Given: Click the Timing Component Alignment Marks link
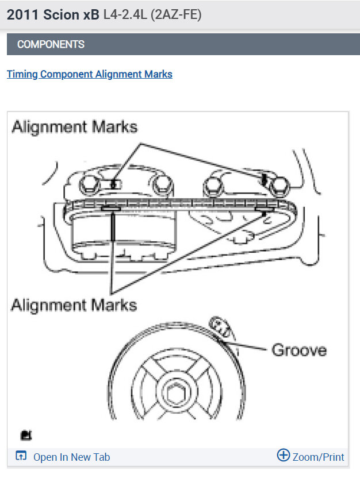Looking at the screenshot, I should pos(89,74).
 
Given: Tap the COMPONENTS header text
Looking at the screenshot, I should pos(51,44).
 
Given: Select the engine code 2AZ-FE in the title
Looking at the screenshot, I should pos(176,15).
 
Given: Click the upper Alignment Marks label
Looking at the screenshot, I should pos(75,126).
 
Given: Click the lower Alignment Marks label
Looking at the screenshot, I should pos(74,304).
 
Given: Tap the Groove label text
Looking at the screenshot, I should pos(298,350).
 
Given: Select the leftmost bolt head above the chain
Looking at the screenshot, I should pos(90,183).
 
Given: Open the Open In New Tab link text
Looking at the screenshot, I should pos(71,457).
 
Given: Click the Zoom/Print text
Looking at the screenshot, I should pos(318,457).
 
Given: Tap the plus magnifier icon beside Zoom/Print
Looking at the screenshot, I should pos(284,456).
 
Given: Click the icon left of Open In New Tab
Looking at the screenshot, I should pos(21,457).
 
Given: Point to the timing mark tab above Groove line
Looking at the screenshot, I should pos(221,327).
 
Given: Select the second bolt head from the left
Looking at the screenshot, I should pos(163,184).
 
